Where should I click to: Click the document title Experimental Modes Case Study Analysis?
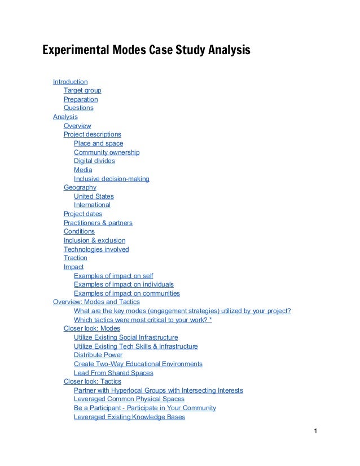pos(146,51)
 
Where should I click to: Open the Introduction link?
pos(70,82)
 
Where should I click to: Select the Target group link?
pos(82,90)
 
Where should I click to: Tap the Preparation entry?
pos(81,99)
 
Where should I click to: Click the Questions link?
pos(78,108)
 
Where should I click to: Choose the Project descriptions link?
pos(92,134)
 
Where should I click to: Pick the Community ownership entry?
pos(107,152)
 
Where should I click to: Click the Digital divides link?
pos(94,161)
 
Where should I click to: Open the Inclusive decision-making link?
pos(112,179)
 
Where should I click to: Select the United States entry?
pos(94,196)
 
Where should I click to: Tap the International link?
pos(92,205)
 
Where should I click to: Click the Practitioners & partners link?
pos(98,223)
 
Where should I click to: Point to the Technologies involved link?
pos(96,249)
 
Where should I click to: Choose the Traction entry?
pos(76,258)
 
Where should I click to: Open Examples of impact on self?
pos(113,276)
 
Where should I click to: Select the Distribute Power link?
pos(98,355)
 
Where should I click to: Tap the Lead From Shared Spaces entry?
pos(113,373)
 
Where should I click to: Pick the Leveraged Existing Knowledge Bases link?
pos(129,417)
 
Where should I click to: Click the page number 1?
pos(317,433)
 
